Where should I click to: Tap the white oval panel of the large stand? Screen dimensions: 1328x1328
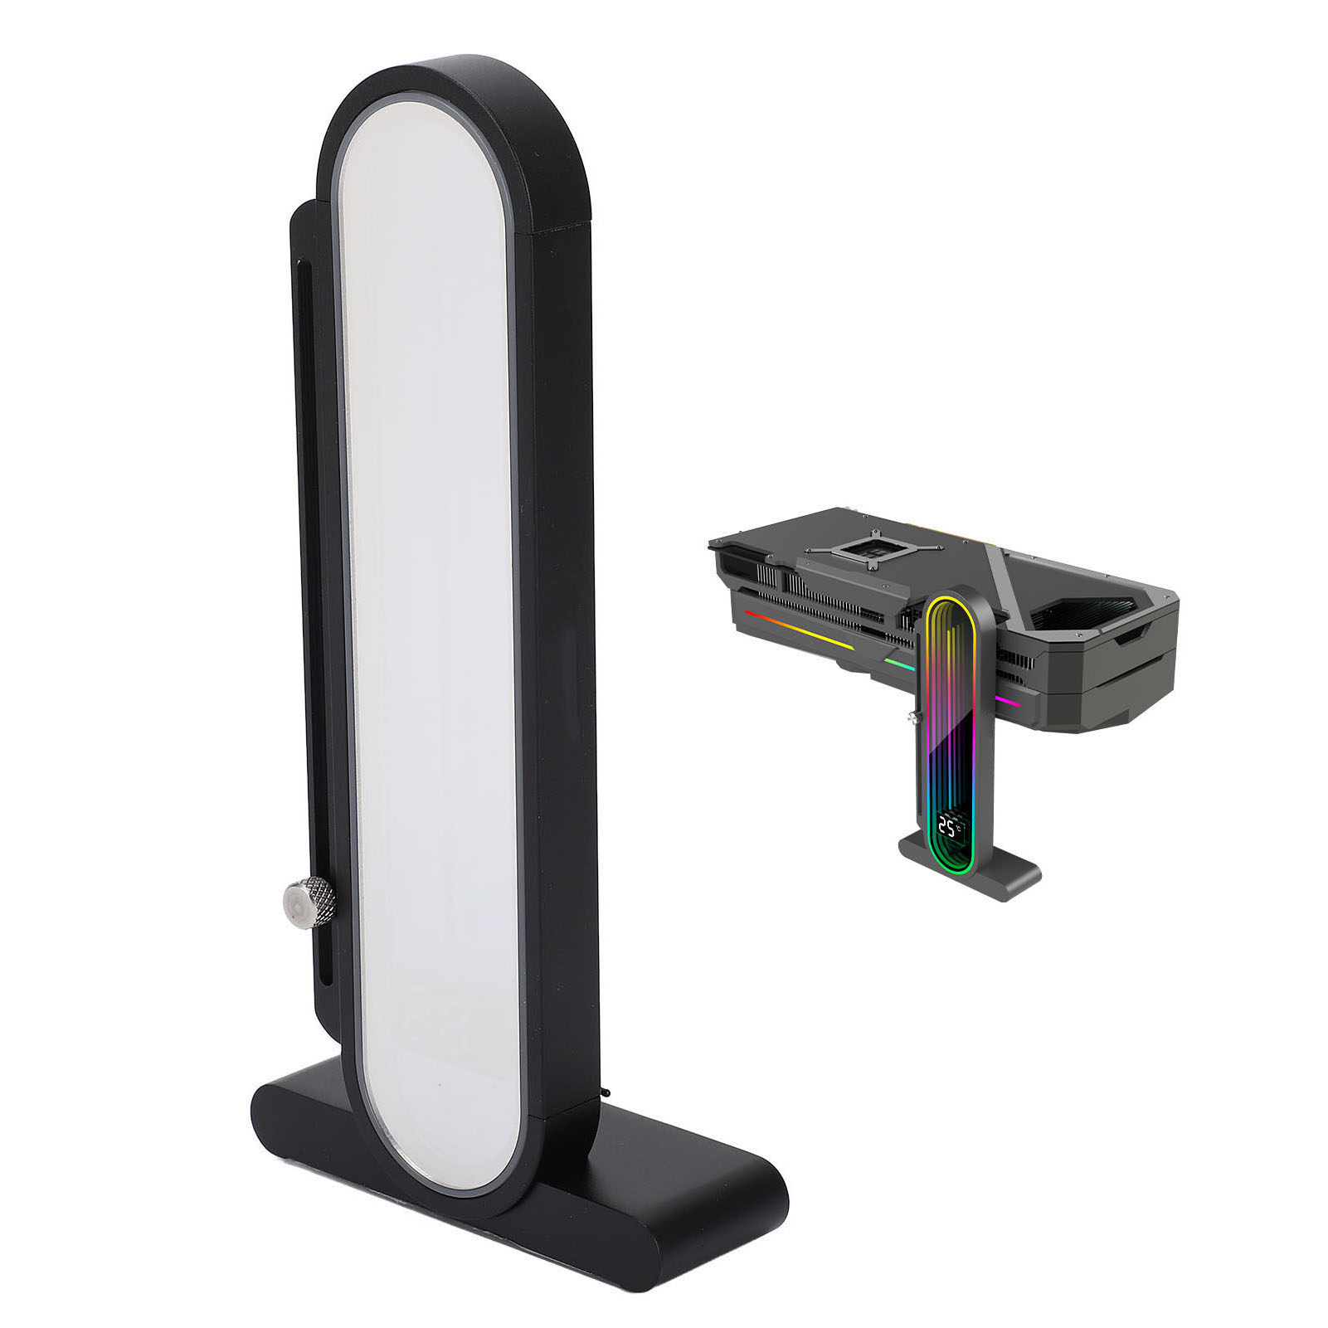coord(429,630)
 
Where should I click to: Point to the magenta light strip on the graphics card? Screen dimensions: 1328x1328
coord(1008,702)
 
